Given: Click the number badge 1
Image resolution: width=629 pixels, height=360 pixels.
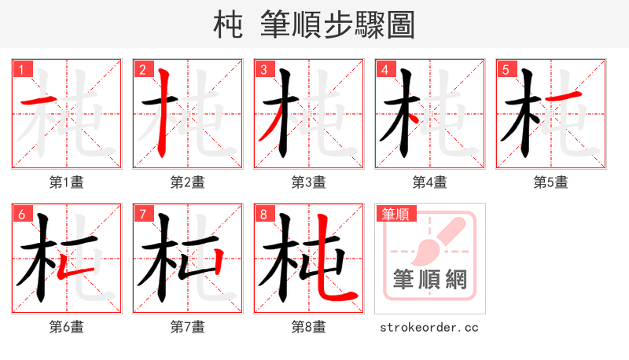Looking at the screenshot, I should point(22,69).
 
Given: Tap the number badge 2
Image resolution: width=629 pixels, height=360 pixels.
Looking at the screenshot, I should point(143,69).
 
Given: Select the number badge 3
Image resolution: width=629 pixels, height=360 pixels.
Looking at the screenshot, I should point(264,69).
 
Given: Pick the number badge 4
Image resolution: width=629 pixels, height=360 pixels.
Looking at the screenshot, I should point(385,69).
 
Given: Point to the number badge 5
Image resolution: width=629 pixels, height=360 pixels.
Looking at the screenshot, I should point(506,69).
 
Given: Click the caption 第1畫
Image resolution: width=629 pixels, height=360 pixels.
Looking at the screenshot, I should point(67,182).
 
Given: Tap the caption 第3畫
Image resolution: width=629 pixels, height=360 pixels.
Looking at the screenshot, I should point(309,182).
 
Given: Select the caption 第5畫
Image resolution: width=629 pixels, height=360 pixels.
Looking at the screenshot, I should point(551,182).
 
